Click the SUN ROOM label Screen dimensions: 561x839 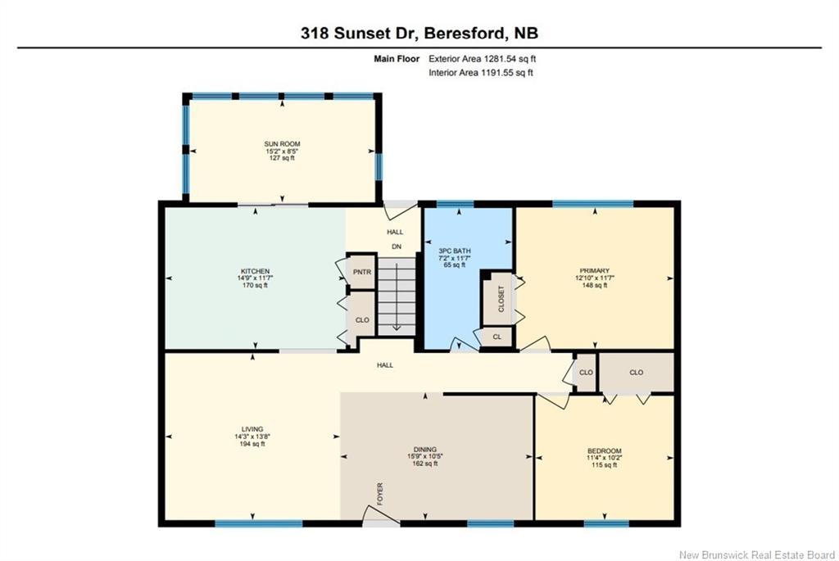(x=281, y=143)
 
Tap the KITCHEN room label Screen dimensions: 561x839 (x=255, y=271)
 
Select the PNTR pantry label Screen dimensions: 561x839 (x=361, y=272)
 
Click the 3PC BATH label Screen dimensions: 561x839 (x=454, y=251)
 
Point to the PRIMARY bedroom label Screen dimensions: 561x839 (x=595, y=271)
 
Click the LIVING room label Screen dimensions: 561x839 (x=252, y=428)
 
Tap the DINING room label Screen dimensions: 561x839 (x=424, y=449)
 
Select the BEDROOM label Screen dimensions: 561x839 (x=604, y=451)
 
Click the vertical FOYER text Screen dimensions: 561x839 (x=380, y=495)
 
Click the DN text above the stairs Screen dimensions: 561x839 (x=395, y=247)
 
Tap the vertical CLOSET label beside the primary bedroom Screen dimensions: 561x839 (x=501, y=299)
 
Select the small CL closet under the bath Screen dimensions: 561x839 (x=497, y=337)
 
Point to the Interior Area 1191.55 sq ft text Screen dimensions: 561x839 (x=482, y=73)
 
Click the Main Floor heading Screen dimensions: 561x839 (x=397, y=59)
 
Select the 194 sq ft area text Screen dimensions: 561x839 (x=252, y=444)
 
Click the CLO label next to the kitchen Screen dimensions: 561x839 (x=361, y=321)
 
